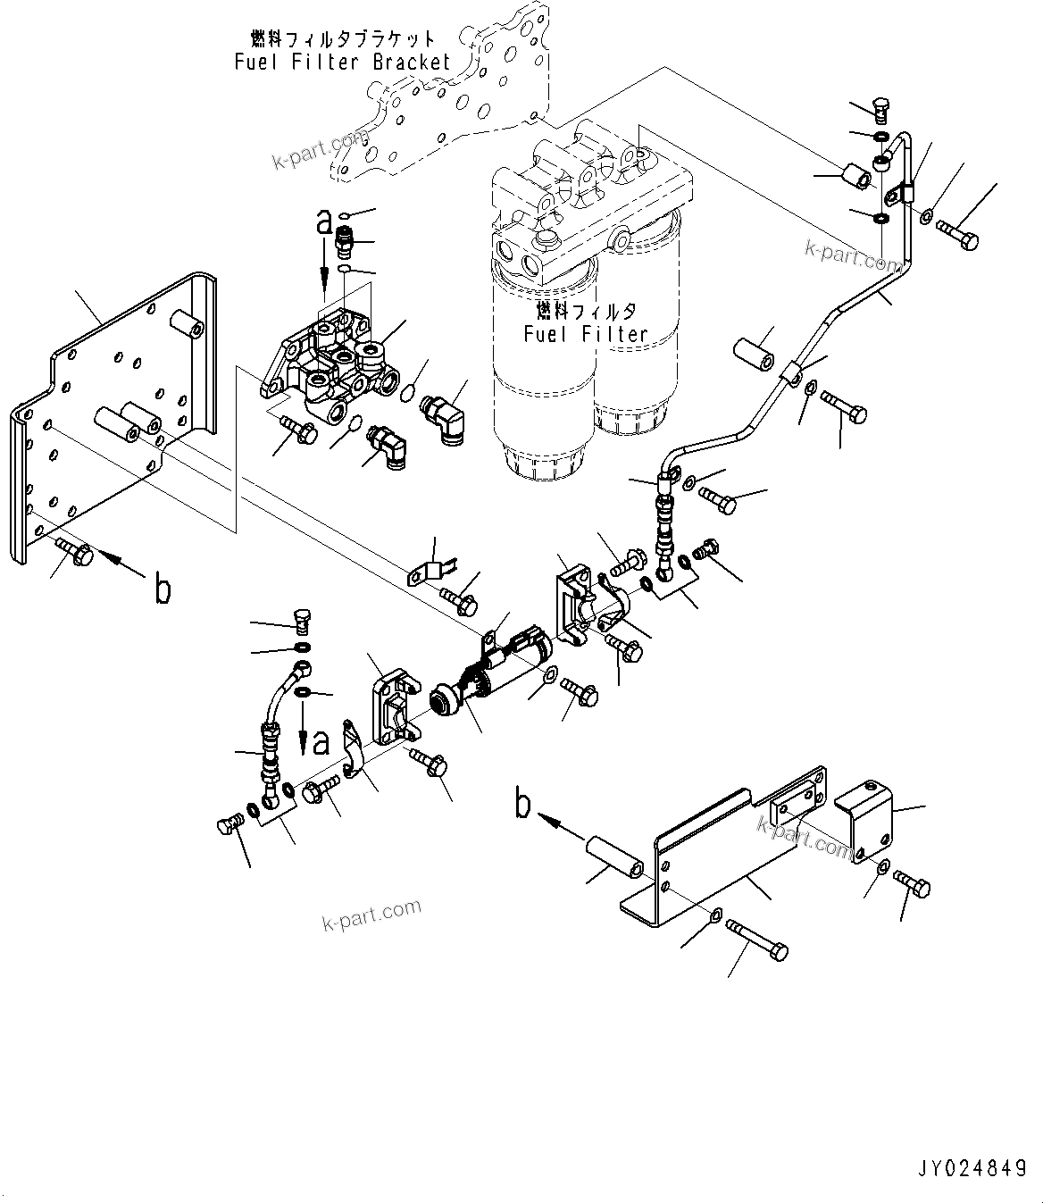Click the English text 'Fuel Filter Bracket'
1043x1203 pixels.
[x=343, y=63]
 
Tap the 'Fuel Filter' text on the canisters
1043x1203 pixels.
[x=585, y=334]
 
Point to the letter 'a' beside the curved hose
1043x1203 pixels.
[x=320, y=739]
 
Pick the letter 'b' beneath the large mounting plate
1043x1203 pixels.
[x=163, y=590]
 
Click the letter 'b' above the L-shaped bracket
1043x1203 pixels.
[x=524, y=805]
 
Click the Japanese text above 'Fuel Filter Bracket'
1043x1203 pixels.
[x=343, y=39]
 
